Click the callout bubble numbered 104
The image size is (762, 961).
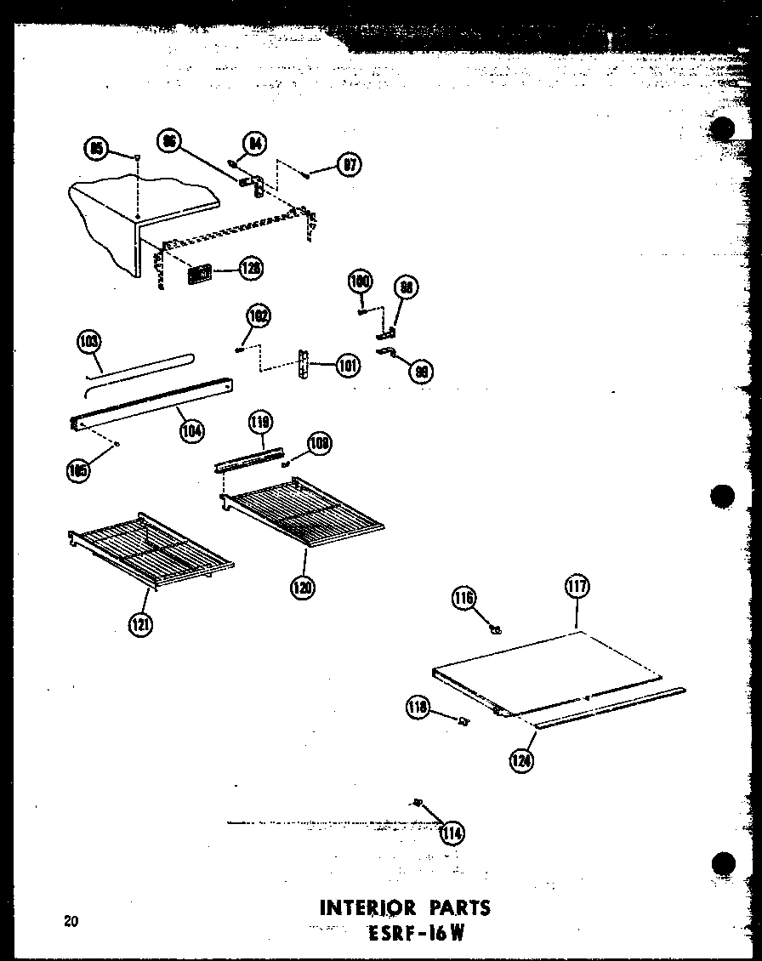click(191, 431)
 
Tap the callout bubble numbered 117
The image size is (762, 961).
click(577, 586)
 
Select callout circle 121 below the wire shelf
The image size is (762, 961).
click(140, 625)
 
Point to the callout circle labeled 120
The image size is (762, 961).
click(303, 586)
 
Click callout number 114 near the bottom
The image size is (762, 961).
click(452, 833)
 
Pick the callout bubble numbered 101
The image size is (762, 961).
click(348, 366)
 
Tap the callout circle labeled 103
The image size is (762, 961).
click(88, 343)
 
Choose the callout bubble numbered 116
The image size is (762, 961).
click(463, 599)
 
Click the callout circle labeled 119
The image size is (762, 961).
click(259, 422)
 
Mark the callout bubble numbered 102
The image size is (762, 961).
click(259, 316)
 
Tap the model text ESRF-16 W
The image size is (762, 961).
click(411, 933)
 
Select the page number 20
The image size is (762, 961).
click(71, 919)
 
